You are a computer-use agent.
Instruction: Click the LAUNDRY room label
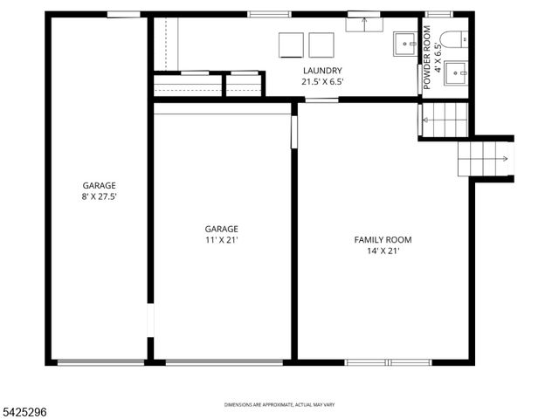pyautogui.click(x=322, y=71)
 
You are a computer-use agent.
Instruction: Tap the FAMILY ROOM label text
pyautogui.click(x=383, y=240)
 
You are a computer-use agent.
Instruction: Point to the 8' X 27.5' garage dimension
pyautogui.click(x=100, y=197)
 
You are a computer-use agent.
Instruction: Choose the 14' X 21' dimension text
pyautogui.click(x=383, y=251)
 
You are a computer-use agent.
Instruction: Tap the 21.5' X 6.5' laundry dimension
pyautogui.click(x=322, y=82)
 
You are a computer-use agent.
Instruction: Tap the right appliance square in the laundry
pyautogui.click(x=321, y=45)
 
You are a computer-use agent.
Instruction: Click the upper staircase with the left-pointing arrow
pyautogui.click(x=445, y=120)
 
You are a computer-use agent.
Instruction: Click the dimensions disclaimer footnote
pyautogui.click(x=279, y=405)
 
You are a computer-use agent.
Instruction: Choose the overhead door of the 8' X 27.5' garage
pyautogui.click(x=101, y=362)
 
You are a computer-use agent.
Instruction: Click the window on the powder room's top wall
pyautogui.click(x=438, y=14)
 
